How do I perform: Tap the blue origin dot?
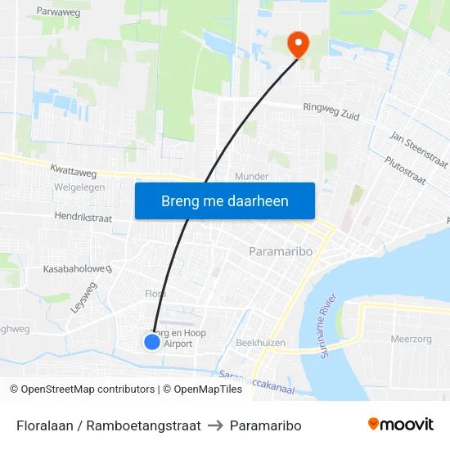(152, 341)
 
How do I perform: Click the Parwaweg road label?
(58, 12)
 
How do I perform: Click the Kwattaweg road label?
(74, 173)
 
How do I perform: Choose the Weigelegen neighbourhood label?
(79, 187)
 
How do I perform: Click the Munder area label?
(251, 176)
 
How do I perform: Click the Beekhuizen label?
(259, 342)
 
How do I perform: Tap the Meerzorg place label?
(411, 339)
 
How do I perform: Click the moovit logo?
(400, 425)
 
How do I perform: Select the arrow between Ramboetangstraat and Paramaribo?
(215, 425)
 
